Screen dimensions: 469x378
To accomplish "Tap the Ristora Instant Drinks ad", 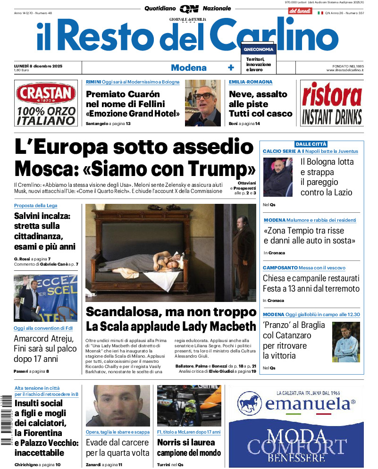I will coord(332,103).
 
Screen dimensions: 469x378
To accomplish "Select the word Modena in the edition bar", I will coord(189,67).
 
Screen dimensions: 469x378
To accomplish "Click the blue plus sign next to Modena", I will coord(231,67).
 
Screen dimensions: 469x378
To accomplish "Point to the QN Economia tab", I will coord(258,49).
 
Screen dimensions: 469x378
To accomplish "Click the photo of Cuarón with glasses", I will coord(202,102).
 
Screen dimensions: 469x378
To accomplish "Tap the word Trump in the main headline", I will coord(219,168).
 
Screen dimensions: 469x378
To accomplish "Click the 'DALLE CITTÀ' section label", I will coord(311,144).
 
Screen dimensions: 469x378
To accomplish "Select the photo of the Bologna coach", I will coord(277,177).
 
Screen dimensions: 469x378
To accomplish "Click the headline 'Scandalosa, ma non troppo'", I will coord(171,312).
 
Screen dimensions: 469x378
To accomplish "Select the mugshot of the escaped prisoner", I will coord(118,405).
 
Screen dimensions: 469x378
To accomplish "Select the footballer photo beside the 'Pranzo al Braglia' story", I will coord(346,341).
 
